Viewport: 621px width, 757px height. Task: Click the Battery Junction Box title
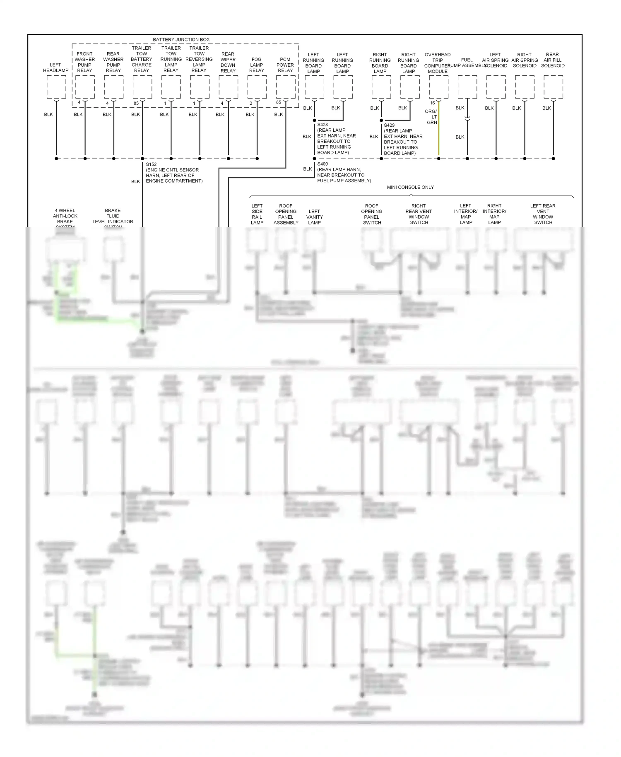pyautogui.click(x=181, y=40)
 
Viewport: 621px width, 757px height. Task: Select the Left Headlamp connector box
pyautogui.click(x=56, y=87)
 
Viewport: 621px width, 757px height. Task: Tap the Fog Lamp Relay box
pyautogui.click(x=257, y=87)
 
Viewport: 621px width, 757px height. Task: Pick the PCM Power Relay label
pyautogui.click(x=285, y=65)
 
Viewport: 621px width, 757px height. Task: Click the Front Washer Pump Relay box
pyautogui.click(x=85, y=87)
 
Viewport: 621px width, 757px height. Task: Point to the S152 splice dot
pyautogui.click(x=142, y=158)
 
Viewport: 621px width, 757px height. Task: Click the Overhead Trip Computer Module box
pyautogui.click(x=438, y=87)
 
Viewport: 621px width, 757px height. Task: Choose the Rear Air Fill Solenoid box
pyautogui.click(x=553, y=87)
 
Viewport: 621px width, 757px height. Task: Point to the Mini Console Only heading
pyautogui.click(x=410, y=188)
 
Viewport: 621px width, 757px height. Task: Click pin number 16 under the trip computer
pyautogui.click(x=432, y=103)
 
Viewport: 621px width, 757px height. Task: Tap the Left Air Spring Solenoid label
pyautogui.click(x=495, y=60)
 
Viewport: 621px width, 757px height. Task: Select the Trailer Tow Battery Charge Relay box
pyautogui.click(x=142, y=87)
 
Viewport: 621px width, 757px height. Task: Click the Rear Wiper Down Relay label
pyautogui.click(x=228, y=62)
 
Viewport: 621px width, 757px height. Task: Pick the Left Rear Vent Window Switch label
pyautogui.click(x=543, y=214)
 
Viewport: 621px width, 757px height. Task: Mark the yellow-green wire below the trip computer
pyautogui.click(x=438, y=133)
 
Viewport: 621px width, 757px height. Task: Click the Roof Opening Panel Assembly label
pyautogui.click(x=286, y=214)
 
